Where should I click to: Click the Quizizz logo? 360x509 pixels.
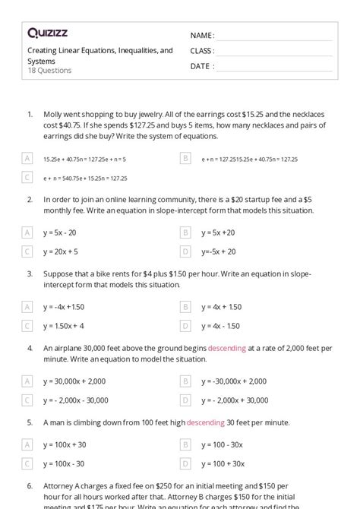tap(47, 33)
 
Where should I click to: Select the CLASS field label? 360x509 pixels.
tap(201, 51)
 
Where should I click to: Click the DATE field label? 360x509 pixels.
tap(201, 66)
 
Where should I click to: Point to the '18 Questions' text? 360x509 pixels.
tap(49, 71)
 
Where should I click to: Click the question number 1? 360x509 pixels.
tap(30, 114)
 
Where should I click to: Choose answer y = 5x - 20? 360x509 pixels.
tap(61, 232)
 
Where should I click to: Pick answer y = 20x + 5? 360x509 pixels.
tap(61, 251)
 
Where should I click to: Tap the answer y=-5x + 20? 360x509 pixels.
tap(218, 251)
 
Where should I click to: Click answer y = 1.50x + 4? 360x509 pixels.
tap(63, 326)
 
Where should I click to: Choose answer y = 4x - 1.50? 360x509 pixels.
tap(220, 326)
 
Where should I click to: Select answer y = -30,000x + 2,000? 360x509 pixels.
tap(233, 381)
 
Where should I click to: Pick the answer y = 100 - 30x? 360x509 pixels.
tap(223, 444)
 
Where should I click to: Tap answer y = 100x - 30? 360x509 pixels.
tap(64, 463)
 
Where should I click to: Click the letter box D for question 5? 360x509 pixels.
tap(185, 463)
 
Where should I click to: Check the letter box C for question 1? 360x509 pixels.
tap(27, 177)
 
